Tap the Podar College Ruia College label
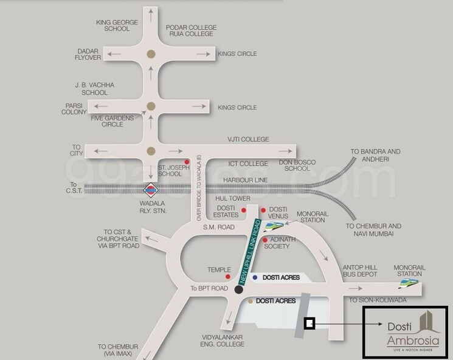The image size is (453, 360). tap(191, 30)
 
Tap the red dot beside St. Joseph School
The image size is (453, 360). tap(187, 162)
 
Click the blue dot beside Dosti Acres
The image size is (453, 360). tap(255, 277)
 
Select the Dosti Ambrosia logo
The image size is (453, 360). tap(405, 333)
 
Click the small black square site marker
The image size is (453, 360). tap(309, 324)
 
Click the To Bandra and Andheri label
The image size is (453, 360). tap(375, 156)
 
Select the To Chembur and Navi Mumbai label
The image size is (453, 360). tap(373, 230)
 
